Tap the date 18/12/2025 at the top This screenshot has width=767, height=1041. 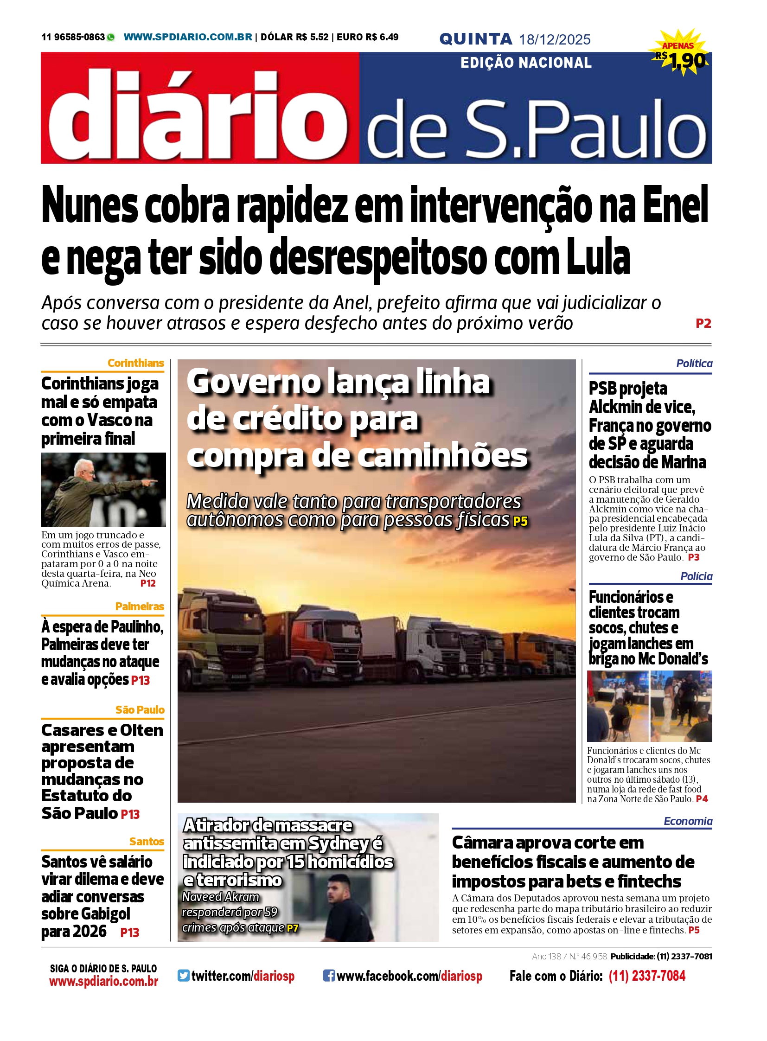point(554,39)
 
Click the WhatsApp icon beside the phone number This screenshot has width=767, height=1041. point(110,38)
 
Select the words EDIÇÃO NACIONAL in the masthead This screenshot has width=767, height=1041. point(525,63)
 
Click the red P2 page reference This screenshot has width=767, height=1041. point(703,324)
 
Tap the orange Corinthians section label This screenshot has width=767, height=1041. point(135,363)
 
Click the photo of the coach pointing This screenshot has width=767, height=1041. point(103,489)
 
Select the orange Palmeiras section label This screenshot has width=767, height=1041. point(139,607)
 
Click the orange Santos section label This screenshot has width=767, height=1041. point(146,841)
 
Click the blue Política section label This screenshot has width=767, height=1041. point(694,364)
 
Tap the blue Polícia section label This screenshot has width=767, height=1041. point(696,576)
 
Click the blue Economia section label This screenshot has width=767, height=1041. point(688,821)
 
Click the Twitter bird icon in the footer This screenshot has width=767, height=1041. point(183,976)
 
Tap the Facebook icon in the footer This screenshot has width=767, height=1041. point(329,976)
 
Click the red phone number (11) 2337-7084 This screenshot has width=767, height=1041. point(647,976)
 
